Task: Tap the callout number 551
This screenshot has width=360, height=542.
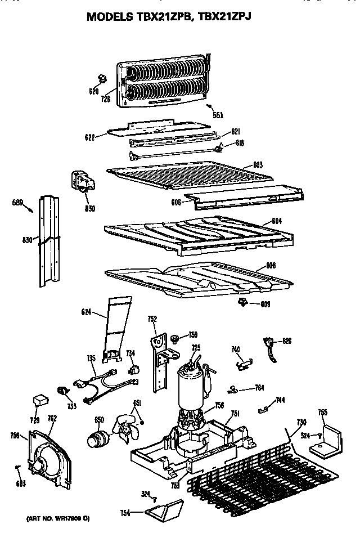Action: click(218, 115)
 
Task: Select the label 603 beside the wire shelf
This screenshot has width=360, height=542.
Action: click(258, 165)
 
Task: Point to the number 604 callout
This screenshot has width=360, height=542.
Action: click(276, 221)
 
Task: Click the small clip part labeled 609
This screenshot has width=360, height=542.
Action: click(243, 303)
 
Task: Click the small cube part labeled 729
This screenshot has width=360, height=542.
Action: click(40, 400)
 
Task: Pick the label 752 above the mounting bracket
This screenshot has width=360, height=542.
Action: click(151, 319)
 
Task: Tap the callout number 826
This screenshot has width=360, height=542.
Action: click(287, 341)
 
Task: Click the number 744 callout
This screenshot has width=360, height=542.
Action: click(280, 401)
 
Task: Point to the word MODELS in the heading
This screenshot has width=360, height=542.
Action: click(110, 17)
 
